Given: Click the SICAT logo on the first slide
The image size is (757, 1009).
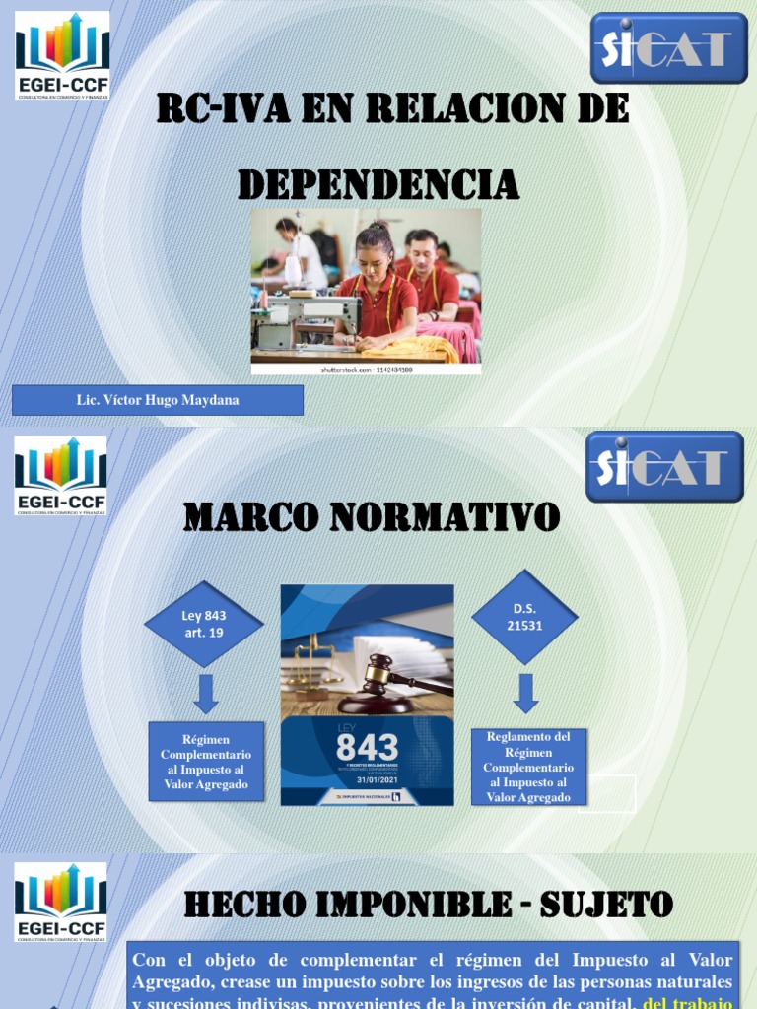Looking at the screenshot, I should [x=669, y=47].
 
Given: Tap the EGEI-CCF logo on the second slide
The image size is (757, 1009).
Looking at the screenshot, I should [x=60, y=476].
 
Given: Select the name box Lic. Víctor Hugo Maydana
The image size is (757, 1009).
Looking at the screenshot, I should [x=158, y=400].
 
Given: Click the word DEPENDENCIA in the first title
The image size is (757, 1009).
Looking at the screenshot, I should [x=378, y=183].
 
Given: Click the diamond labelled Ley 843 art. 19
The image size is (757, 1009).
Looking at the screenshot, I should [x=204, y=624].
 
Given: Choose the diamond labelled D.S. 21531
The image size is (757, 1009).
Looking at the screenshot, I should [x=524, y=618].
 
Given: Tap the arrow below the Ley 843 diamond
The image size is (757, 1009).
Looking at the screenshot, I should [x=205, y=693].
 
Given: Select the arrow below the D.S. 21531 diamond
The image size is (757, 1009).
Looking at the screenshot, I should [x=526, y=693].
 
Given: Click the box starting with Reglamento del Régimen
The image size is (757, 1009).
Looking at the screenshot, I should [x=528, y=767].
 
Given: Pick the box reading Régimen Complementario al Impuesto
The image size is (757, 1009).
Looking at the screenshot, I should [x=206, y=761].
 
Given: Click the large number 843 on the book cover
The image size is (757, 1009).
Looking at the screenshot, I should [x=367, y=748].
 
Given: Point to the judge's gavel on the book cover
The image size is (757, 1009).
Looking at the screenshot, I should [x=384, y=681].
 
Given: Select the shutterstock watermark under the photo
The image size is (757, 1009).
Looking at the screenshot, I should [x=367, y=369].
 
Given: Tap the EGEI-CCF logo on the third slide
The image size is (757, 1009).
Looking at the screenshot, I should [x=60, y=901].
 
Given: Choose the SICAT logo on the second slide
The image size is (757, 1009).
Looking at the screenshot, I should [x=665, y=467].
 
